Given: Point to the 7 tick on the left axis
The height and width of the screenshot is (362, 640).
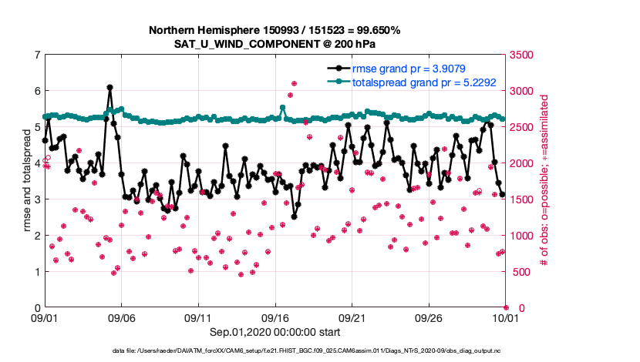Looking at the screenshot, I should point(37,55).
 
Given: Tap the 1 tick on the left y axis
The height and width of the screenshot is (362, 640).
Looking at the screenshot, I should point(37,272).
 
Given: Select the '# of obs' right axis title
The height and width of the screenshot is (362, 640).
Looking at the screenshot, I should point(544,181).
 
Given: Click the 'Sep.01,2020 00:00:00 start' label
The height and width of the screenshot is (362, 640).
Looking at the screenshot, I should point(275,332).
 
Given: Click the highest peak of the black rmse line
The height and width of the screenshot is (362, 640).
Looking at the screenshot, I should point(109,88).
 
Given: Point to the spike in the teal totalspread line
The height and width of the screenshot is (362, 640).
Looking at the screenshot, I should point(283,108).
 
